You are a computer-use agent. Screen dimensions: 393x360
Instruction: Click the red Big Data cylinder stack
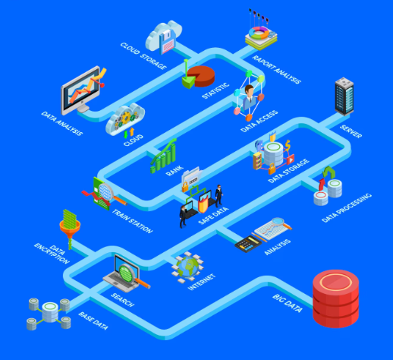coord(335,298)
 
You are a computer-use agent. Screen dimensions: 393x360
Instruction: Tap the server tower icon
coord(344,96)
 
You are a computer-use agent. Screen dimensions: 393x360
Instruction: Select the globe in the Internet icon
coord(187,267)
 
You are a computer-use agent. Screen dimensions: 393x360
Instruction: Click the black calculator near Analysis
coord(248,244)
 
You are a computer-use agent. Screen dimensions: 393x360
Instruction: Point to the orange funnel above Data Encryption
coord(70,228)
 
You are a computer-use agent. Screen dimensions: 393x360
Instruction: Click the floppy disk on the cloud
coord(167,42)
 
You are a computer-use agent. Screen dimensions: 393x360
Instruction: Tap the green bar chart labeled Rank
coord(163,157)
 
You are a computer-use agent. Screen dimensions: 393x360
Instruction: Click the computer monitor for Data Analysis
coord(80,90)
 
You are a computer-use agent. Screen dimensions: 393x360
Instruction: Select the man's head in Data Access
coord(249,90)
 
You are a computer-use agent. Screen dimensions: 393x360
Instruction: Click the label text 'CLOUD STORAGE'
coord(143,56)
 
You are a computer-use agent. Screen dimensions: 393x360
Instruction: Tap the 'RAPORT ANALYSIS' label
coord(277,69)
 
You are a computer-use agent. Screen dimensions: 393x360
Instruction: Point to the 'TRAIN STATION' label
coord(132,221)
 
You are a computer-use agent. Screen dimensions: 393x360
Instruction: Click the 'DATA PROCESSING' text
coord(347,208)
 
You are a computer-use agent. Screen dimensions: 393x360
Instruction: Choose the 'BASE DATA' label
coord(93,321)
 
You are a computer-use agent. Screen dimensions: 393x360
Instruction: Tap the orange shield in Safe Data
coord(203,204)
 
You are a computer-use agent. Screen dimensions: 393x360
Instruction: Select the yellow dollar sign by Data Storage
coord(288,145)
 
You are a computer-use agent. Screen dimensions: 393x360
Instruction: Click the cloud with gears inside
coord(125,118)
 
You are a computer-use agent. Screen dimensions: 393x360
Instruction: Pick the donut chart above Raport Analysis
coord(259,33)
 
